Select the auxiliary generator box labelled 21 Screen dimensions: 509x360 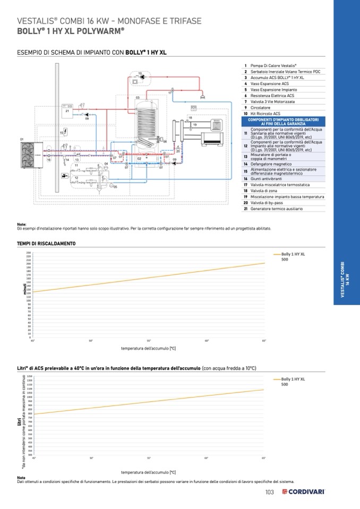[x=67, y=110]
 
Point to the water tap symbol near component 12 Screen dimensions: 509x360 [x=64, y=175]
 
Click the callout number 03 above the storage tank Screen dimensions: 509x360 [x=138, y=98]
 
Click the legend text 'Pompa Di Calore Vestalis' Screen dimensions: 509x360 [x=273, y=65]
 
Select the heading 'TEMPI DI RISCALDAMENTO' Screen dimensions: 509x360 [x=46, y=244]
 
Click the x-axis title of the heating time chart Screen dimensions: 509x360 [x=148, y=348]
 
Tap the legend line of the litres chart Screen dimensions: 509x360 [x=276, y=379]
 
